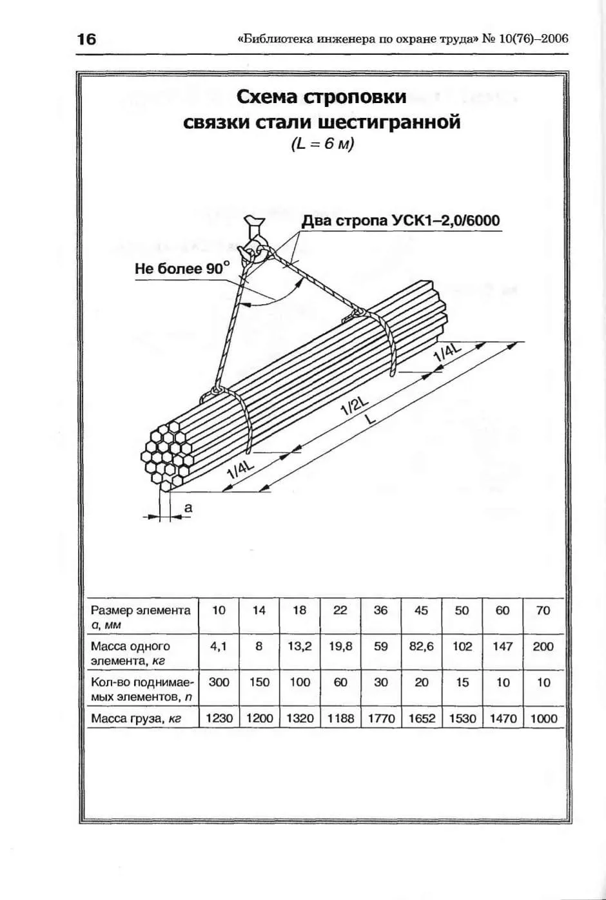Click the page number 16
click(86, 39)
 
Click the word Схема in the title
click(266, 97)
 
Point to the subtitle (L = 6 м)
click(322, 144)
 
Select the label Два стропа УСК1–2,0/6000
click(401, 221)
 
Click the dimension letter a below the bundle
click(188, 508)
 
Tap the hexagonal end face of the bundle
click(166, 456)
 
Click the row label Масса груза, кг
click(132, 718)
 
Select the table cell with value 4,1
click(219, 646)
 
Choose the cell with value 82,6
click(421, 646)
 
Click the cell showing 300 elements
click(219, 682)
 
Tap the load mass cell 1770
click(381, 718)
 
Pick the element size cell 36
click(380, 611)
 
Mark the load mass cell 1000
click(543, 718)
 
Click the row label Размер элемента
click(141, 611)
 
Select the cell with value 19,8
click(340, 646)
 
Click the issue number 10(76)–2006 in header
click(533, 39)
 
